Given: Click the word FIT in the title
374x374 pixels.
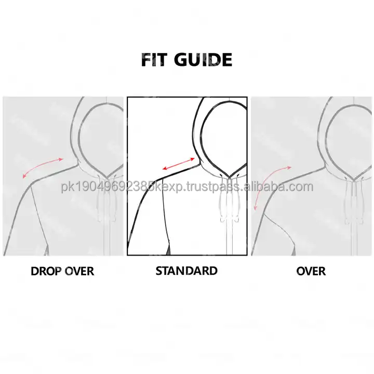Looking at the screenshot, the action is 153,60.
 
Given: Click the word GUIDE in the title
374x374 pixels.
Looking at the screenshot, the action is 204,60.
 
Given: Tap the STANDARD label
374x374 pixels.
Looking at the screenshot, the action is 186,271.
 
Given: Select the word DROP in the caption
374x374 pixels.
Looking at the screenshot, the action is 46,271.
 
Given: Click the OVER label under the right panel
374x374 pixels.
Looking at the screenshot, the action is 311,271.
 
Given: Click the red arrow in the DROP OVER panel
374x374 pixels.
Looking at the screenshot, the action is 42,167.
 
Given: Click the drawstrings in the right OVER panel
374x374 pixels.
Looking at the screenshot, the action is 354,203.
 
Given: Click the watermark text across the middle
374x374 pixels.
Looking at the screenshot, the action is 187,187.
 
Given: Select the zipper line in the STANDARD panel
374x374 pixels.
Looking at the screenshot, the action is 227,239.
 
